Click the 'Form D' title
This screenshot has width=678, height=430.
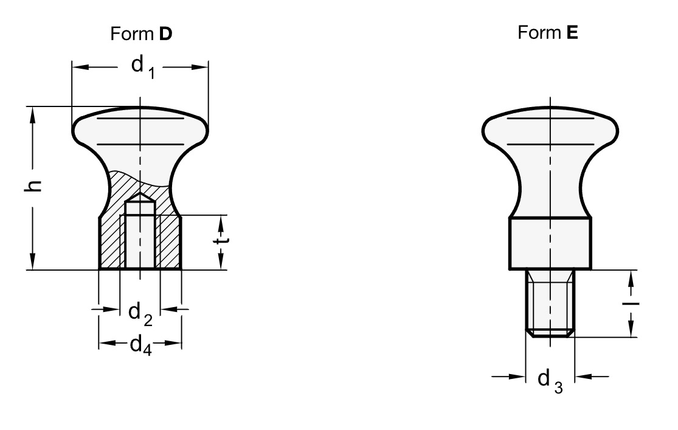142,33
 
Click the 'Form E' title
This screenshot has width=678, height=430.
548,32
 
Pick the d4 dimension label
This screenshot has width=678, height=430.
141,345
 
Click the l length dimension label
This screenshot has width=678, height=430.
631,303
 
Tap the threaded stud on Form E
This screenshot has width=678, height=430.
550,303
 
